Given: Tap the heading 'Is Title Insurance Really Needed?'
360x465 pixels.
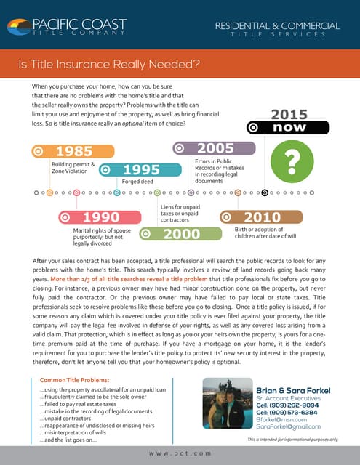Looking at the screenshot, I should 110,64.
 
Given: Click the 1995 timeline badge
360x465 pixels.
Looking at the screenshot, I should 140,169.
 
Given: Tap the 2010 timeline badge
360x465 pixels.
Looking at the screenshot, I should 260,217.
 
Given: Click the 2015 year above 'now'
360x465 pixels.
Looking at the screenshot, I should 289,113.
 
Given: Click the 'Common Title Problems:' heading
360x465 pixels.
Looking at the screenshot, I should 75,381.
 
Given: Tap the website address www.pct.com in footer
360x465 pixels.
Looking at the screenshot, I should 180,453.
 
